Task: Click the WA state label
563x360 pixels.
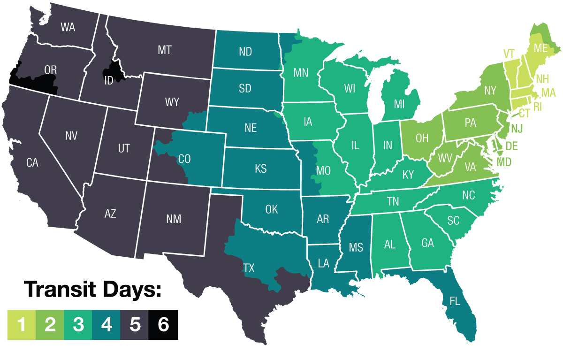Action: (x=68, y=27)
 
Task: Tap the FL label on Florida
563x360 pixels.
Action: (x=455, y=301)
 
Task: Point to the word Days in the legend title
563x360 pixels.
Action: (x=129, y=290)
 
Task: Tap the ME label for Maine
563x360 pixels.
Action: (x=541, y=48)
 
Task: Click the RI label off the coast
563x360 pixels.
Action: (x=537, y=107)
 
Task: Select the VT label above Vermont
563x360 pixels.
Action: (x=510, y=53)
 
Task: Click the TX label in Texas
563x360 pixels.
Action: (x=249, y=268)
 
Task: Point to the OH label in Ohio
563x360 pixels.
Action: (x=422, y=138)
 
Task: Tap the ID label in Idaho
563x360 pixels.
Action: (x=108, y=81)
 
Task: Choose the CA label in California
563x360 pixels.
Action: (x=32, y=163)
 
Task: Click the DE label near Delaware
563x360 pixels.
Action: (x=511, y=146)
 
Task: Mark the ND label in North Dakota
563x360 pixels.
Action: (x=246, y=53)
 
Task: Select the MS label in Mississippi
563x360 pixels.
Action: (x=356, y=247)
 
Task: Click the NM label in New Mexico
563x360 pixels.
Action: (x=174, y=219)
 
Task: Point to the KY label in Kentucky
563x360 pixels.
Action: (x=408, y=175)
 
